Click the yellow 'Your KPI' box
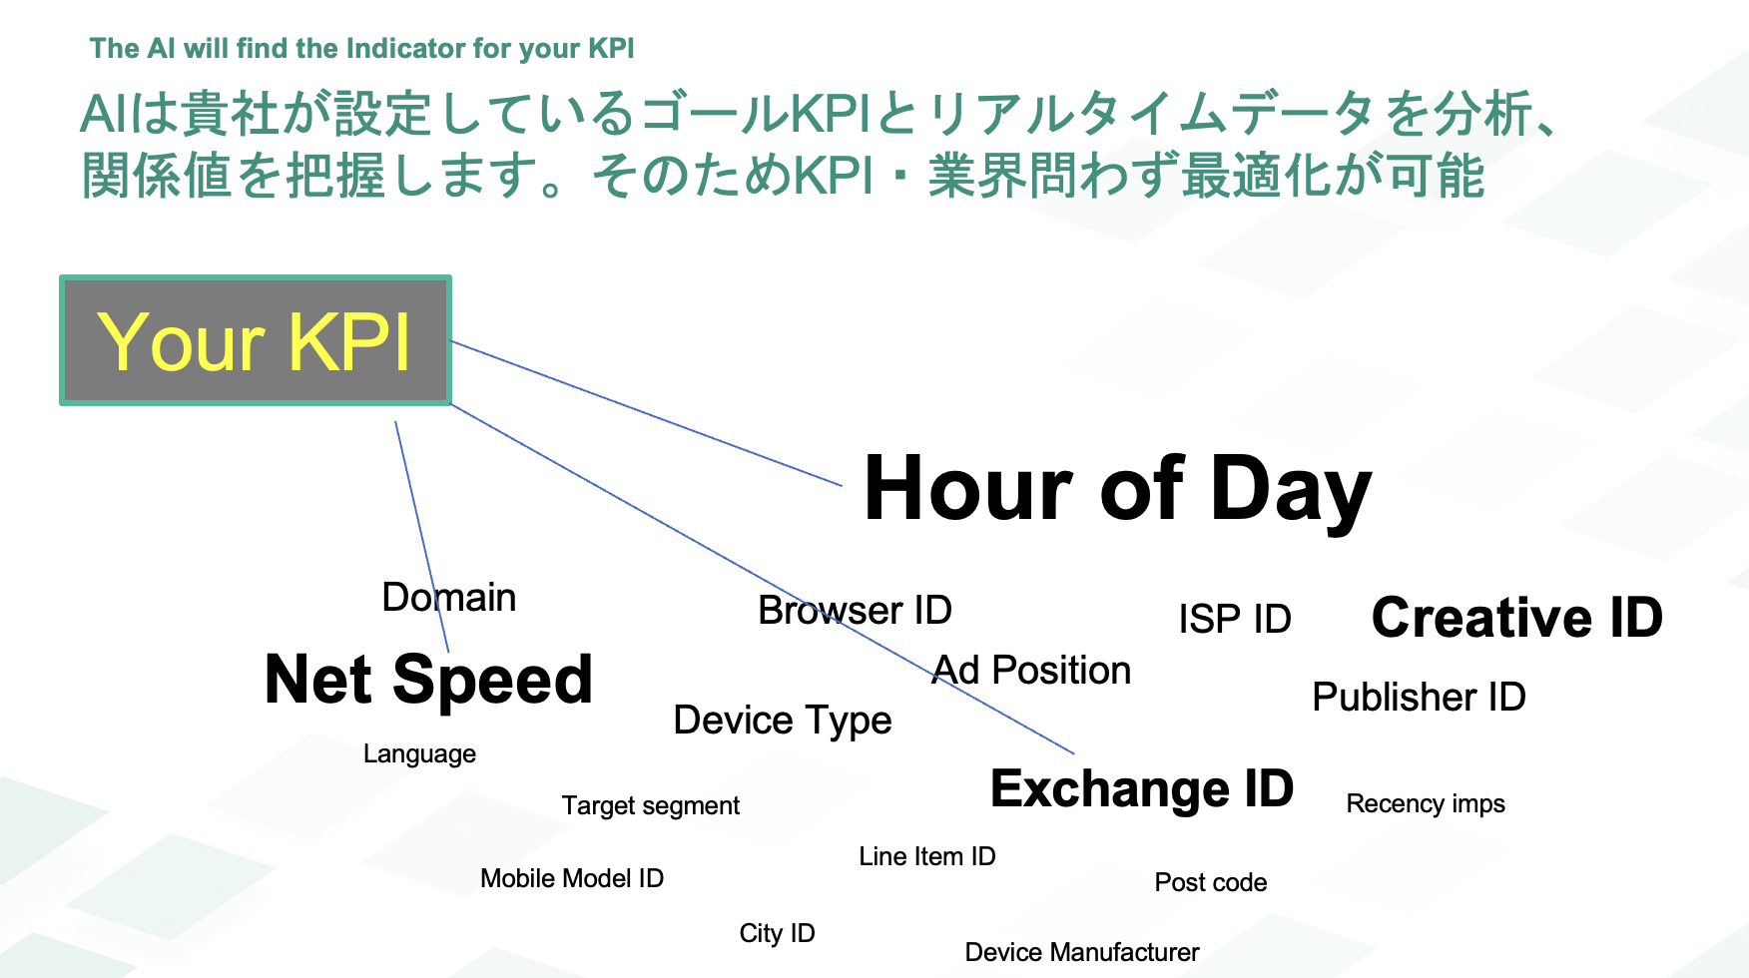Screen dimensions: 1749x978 256,340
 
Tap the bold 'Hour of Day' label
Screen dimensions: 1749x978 1118,489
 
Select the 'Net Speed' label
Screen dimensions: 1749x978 429,681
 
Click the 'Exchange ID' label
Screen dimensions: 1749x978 1142,788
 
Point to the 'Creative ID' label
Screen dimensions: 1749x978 1517,617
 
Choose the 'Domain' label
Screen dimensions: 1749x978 449,597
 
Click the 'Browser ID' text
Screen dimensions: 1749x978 856,610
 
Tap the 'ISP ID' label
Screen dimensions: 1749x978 1235,619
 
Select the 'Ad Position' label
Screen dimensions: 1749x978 1032,671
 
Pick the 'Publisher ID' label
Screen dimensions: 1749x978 1419,697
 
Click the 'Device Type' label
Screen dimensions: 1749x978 783,721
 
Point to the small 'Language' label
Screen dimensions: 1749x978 419,754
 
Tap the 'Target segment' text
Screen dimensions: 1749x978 651,805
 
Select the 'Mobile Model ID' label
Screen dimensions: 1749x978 572,878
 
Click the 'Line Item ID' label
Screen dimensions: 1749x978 927,856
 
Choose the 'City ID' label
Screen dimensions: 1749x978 778,933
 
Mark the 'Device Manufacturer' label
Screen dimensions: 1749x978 1082,952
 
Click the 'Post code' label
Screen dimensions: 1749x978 1211,882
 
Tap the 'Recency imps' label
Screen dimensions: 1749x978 1426,804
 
